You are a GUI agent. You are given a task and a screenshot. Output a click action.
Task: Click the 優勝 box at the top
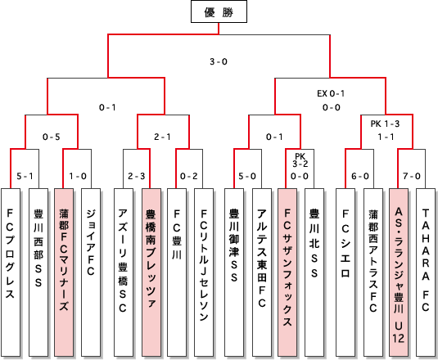point(219,11)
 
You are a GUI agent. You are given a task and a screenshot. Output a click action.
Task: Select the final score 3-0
point(219,61)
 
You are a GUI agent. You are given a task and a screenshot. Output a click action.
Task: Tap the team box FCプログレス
point(11,272)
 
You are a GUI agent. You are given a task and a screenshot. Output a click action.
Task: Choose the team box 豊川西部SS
point(38,272)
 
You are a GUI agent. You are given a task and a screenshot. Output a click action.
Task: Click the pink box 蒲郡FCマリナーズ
point(64,272)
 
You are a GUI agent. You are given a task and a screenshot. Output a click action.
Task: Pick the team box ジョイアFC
point(91,272)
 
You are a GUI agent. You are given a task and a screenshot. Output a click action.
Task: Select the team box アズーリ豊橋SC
point(124,272)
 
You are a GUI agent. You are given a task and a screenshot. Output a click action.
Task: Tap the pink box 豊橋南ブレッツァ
point(151,272)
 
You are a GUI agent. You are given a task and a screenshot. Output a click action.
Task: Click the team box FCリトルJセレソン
point(204,272)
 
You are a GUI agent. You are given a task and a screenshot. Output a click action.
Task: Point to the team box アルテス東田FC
point(262,272)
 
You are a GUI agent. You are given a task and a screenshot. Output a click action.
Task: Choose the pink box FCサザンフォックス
point(287,272)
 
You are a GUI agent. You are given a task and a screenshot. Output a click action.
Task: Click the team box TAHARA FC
point(426,272)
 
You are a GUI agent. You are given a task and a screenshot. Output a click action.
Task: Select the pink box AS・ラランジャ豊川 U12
point(399,272)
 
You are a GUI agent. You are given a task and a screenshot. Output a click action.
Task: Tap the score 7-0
point(412,176)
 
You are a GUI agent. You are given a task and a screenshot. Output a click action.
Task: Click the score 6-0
point(360,176)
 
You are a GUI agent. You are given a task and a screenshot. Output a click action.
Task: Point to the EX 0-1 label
point(331,93)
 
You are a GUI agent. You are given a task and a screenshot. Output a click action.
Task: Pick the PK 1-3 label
point(386,124)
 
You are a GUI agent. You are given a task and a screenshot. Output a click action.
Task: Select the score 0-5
point(52,137)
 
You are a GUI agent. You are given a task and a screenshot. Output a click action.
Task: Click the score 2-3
point(137,176)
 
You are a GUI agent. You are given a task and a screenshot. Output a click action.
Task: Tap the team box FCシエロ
point(345,272)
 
